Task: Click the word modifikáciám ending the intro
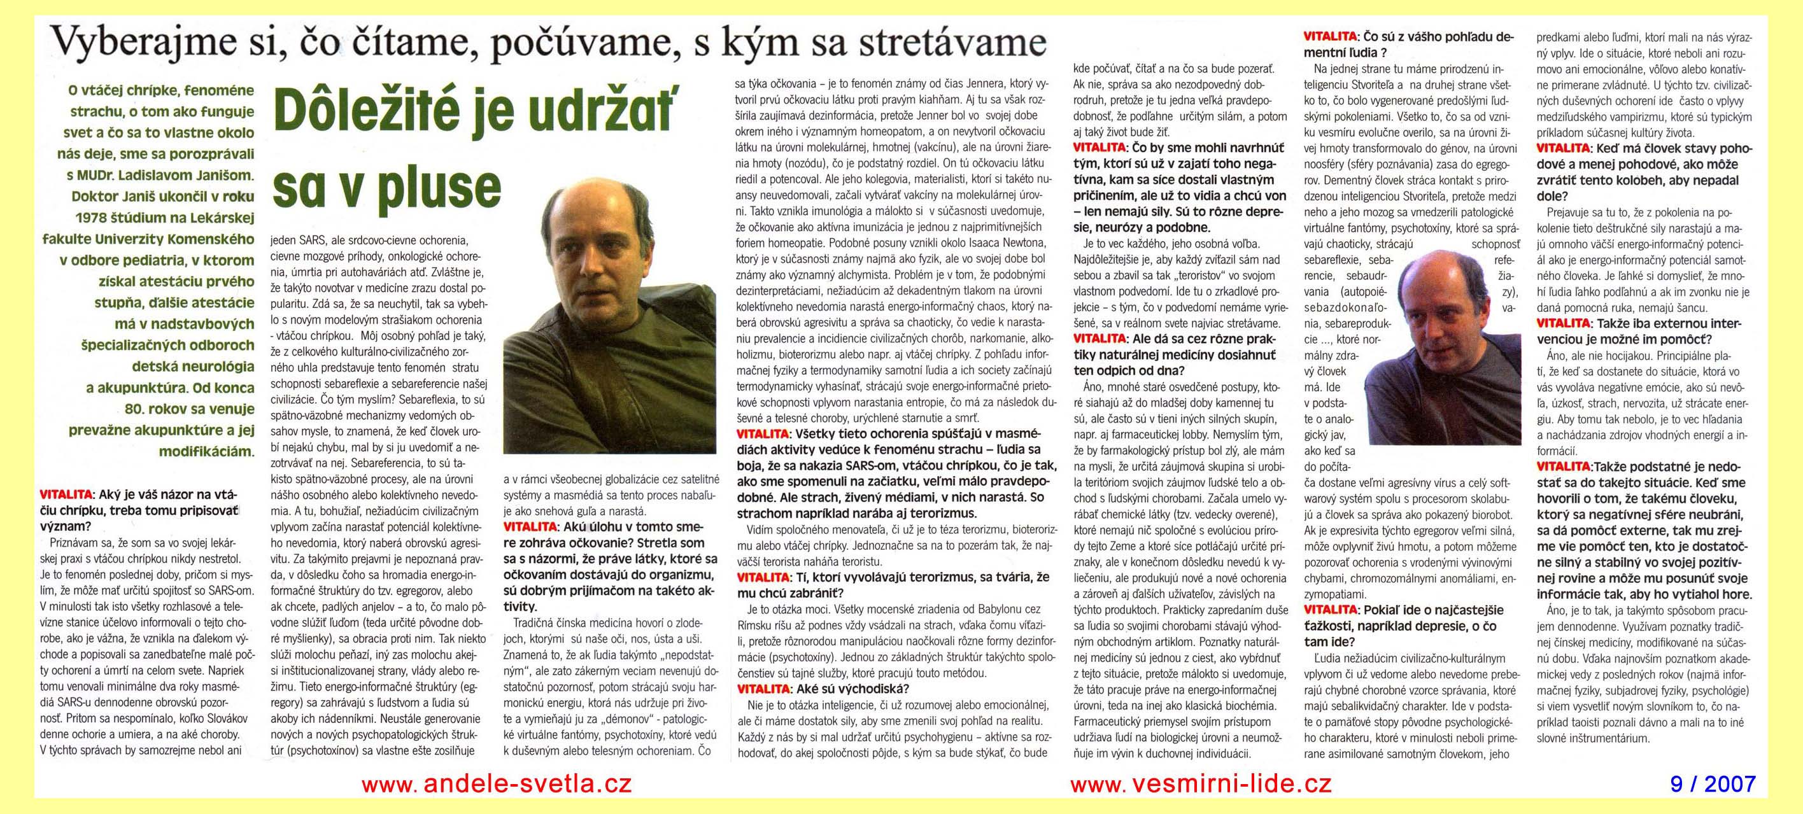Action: [x=206, y=451]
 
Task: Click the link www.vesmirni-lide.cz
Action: [x=1200, y=783]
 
